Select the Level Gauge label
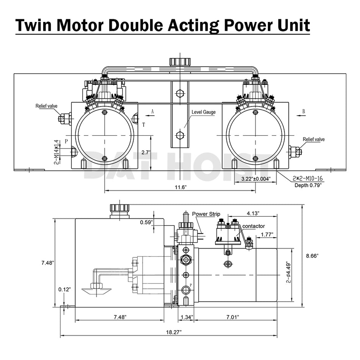(204, 112)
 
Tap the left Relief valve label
(47, 106)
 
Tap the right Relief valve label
(313, 139)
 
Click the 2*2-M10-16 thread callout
(308, 178)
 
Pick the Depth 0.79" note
(308, 185)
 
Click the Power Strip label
(206, 214)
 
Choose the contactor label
(254, 226)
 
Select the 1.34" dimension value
(186, 317)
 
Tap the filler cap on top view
(180, 62)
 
